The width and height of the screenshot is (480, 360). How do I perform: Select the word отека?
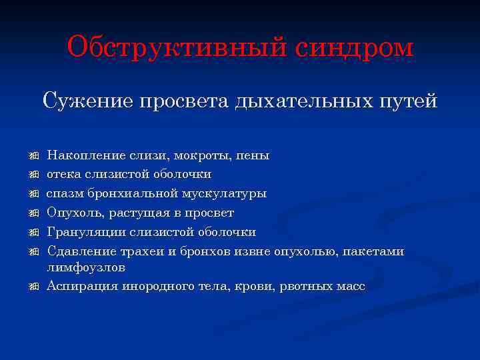(x=63, y=175)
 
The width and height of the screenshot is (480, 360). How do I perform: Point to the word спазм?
(x=65, y=194)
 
